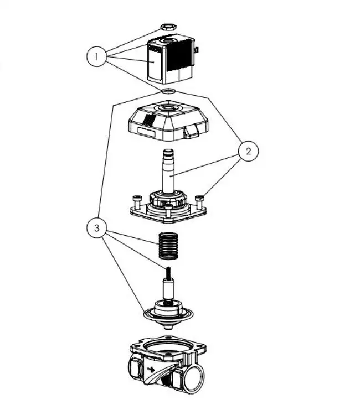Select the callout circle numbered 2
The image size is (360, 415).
click(x=249, y=151)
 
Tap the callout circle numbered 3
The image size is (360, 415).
click(x=97, y=227)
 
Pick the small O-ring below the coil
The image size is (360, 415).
click(x=169, y=90)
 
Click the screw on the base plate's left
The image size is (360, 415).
click(x=136, y=197)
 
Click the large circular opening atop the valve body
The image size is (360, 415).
click(x=169, y=348)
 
